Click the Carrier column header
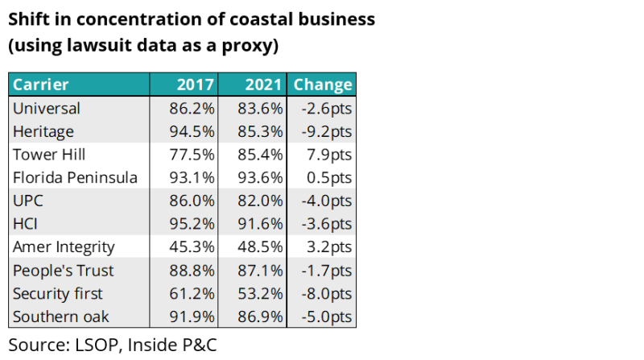(41, 85)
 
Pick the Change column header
(323, 85)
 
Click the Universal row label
(47, 108)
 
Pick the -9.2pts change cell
(325, 131)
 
